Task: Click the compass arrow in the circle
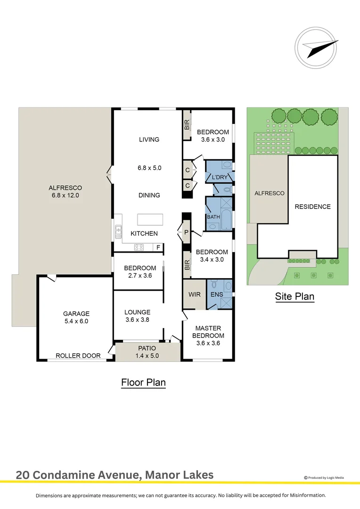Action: click(320, 47)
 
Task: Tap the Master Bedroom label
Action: click(208, 336)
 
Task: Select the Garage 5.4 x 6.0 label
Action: click(76, 317)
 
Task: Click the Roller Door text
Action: click(78, 356)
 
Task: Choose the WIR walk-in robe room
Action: click(194, 295)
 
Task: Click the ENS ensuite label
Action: click(217, 295)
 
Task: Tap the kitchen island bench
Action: click(150, 220)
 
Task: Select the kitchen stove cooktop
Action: click(139, 247)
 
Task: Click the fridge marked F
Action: click(158, 247)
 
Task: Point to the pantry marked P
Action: click(186, 232)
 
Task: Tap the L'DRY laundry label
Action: click(220, 177)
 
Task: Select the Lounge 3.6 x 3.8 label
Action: click(137, 316)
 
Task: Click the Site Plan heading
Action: click(295, 296)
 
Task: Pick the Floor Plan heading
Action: click(143, 382)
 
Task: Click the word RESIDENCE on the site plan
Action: click(312, 206)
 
